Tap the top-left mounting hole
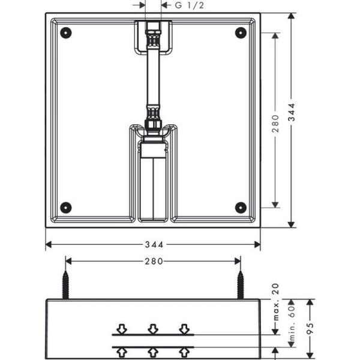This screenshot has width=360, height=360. coord(66,32)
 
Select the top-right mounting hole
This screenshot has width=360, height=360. coord(241,32)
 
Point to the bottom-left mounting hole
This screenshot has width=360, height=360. coord(66,208)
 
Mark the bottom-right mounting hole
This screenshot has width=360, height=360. coord(241,208)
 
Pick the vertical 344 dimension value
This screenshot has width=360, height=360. coord(292,119)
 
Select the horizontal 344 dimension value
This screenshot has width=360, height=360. coord(153,245)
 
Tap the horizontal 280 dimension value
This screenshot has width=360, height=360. coord(153,261)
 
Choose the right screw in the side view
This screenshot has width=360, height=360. coord(241,284)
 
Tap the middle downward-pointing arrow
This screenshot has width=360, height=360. coord(153,329)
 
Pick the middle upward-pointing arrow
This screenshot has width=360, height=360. coord(153,352)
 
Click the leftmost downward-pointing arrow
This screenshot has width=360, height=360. coord(122,329)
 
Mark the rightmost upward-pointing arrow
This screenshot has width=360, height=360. coord(184,352)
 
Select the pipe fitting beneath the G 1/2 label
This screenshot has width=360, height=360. coord(153,36)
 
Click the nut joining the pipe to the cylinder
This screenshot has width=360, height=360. coord(153,124)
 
